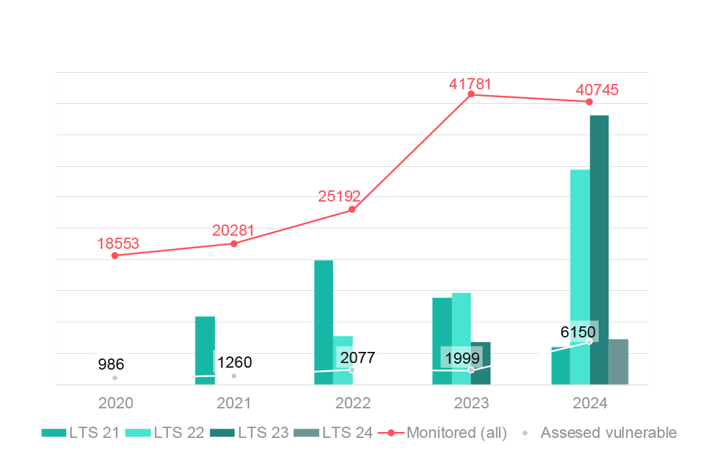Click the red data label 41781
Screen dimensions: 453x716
pyautogui.click(x=469, y=84)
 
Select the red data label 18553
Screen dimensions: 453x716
pyautogui.click(x=118, y=244)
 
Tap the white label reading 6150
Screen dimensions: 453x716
pyautogui.click(x=578, y=331)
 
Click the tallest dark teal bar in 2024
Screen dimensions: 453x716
pyautogui.click(x=599, y=249)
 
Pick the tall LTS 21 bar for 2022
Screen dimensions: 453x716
pyautogui.click(x=323, y=322)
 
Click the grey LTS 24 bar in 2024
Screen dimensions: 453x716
pyautogui.click(x=618, y=361)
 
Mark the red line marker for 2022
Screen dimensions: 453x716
pyautogui.click(x=352, y=209)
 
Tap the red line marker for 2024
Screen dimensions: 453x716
pyautogui.click(x=589, y=102)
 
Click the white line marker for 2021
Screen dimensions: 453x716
pyautogui.click(x=234, y=376)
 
